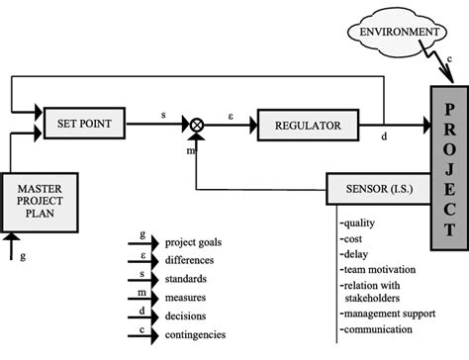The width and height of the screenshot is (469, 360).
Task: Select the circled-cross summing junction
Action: pos(197,125)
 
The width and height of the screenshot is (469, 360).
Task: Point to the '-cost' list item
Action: pos(354,237)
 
